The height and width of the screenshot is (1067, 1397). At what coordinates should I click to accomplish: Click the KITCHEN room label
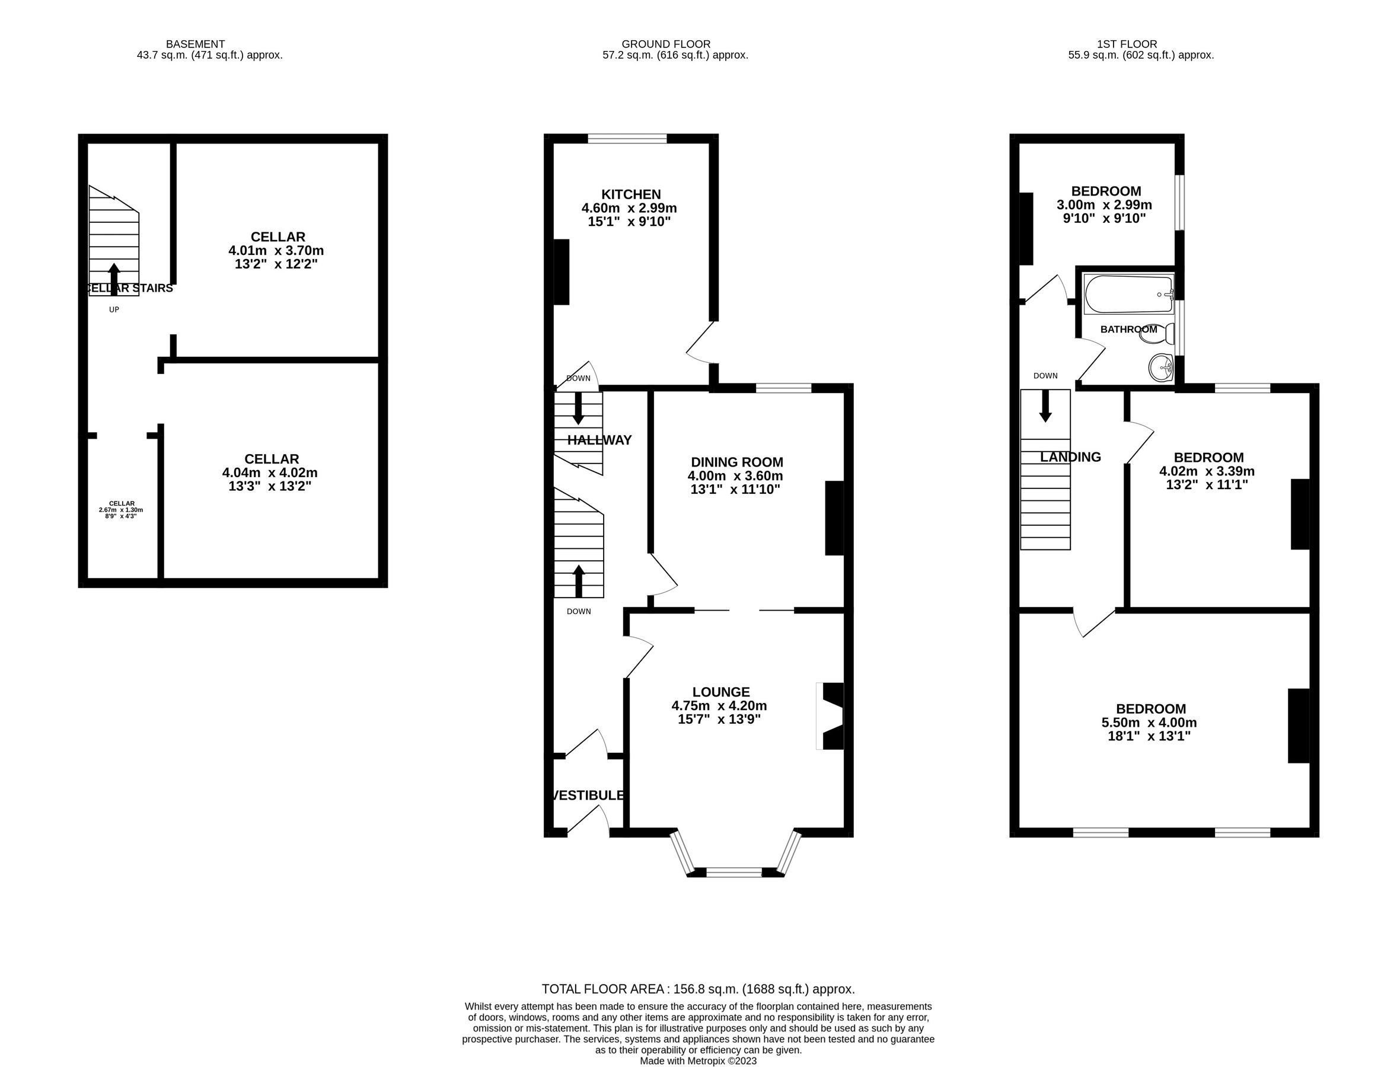[630, 194]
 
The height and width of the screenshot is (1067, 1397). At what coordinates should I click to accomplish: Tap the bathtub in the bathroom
[1128, 294]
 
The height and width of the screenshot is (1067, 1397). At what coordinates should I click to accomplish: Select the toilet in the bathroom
[1157, 333]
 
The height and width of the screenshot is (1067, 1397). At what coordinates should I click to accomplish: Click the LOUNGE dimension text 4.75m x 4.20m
[719, 705]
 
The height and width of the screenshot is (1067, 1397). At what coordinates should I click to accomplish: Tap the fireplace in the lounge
[831, 716]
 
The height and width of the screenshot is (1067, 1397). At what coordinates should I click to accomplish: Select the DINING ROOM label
[736, 462]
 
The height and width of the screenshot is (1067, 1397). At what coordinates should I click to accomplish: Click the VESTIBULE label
[587, 795]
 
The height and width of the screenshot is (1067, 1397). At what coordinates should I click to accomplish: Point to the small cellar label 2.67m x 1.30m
[121, 509]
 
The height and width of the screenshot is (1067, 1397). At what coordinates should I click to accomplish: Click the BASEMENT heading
[195, 44]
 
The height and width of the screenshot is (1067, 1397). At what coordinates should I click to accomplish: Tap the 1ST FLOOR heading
[1127, 44]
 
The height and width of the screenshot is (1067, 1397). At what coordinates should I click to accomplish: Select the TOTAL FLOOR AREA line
[697, 989]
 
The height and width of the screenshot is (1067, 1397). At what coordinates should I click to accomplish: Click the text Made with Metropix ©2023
[697, 1060]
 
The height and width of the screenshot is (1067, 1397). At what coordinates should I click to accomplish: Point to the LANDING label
[1070, 456]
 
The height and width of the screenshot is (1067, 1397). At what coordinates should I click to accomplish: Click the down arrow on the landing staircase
[1044, 407]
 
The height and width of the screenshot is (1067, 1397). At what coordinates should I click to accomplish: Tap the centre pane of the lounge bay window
[733, 873]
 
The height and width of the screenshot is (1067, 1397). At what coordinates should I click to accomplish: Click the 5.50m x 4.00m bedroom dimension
[1149, 722]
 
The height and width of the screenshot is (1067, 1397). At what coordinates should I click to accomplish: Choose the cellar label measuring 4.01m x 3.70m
[276, 250]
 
